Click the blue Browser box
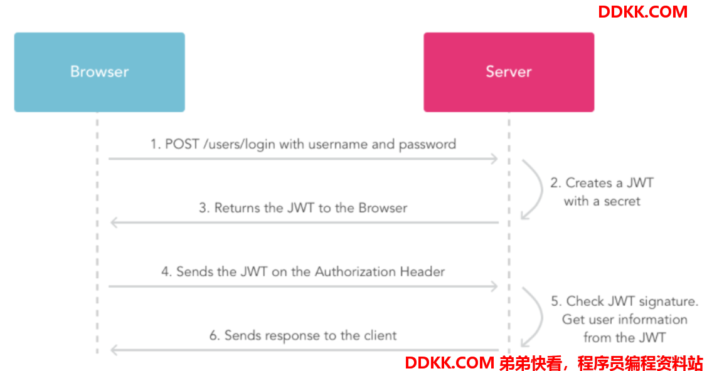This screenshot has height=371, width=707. (99, 72)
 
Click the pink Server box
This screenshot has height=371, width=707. (508, 72)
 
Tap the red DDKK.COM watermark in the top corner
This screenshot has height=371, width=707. (642, 11)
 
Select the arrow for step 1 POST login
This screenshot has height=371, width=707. (302, 159)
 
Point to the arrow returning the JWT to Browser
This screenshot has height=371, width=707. (304, 222)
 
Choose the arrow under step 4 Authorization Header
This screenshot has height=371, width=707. (302, 286)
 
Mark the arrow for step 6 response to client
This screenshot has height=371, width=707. (304, 350)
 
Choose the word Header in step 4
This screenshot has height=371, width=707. (422, 272)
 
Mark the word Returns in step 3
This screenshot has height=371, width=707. (237, 208)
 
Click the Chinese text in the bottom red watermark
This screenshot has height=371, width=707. (600, 363)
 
